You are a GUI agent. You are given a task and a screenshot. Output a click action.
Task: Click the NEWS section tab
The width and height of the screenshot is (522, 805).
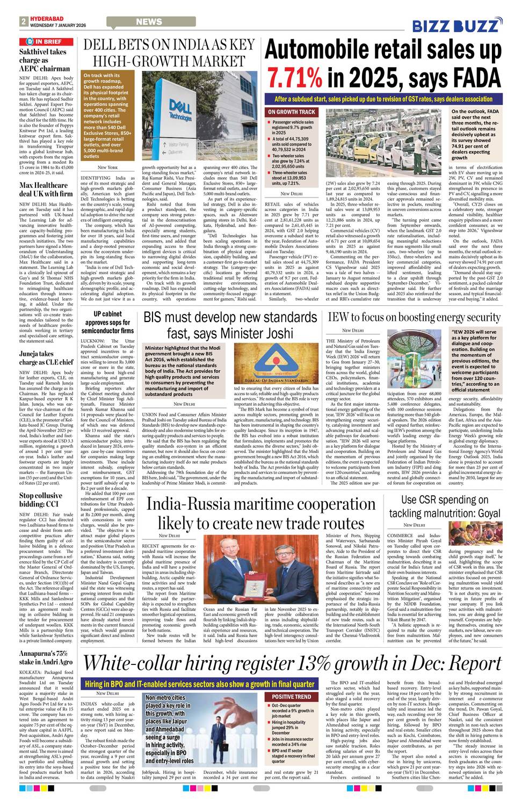point(149,22)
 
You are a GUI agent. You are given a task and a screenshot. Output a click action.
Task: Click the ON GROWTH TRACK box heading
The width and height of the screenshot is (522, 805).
point(292,112)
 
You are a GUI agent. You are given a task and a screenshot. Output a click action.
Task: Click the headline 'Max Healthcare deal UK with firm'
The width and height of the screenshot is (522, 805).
point(46,189)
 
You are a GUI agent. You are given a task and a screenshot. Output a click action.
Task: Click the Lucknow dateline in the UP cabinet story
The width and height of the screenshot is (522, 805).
point(92,341)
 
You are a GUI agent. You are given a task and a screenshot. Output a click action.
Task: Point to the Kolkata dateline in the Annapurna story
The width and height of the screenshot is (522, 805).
point(33,672)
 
